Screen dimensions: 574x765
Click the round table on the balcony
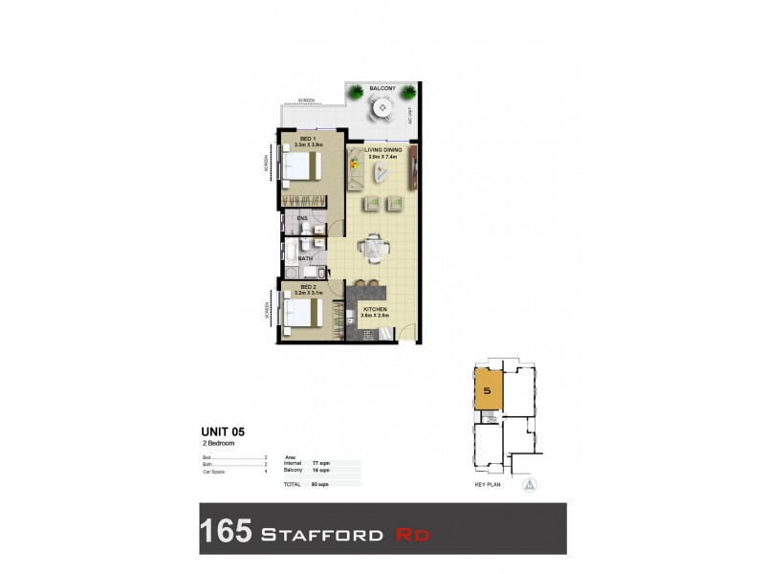click(x=382, y=108)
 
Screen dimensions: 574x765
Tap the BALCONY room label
click(x=382, y=88)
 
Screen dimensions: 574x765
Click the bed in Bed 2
click(x=302, y=312)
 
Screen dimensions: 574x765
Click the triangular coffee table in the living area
click(x=382, y=173)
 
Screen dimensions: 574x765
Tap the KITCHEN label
click(x=374, y=309)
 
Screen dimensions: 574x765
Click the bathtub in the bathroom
click(x=289, y=256)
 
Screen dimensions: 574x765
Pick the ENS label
click(x=301, y=218)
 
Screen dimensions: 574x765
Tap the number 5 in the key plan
click(x=488, y=392)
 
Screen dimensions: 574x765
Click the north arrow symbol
click(x=531, y=485)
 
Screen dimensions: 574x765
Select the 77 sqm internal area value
click(x=308, y=463)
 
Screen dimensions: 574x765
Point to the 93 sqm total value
click(x=308, y=485)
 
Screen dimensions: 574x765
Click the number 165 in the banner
click(x=226, y=530)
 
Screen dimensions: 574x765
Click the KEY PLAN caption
click(x=489, y=485)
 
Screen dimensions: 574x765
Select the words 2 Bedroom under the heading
click(x=218, y=444)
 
